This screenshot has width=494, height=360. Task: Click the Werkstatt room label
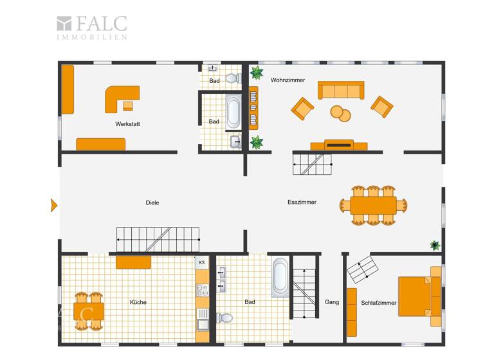127,123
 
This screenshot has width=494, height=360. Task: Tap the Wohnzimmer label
288,80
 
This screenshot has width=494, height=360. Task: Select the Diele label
152,203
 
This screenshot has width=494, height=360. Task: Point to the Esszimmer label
302,202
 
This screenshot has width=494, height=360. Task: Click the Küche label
138,301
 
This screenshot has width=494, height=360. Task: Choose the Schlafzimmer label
378,302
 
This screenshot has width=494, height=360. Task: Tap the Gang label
332,301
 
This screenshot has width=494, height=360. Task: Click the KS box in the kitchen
202,262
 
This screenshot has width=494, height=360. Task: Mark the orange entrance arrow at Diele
54,205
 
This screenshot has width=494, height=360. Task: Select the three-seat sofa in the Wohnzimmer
341,91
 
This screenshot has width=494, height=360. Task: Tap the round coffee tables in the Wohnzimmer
341,113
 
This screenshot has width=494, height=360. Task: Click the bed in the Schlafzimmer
415,296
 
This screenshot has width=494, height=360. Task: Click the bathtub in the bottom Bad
280,277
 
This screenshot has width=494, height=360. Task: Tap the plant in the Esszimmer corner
435,245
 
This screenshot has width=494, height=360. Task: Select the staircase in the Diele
158,240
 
